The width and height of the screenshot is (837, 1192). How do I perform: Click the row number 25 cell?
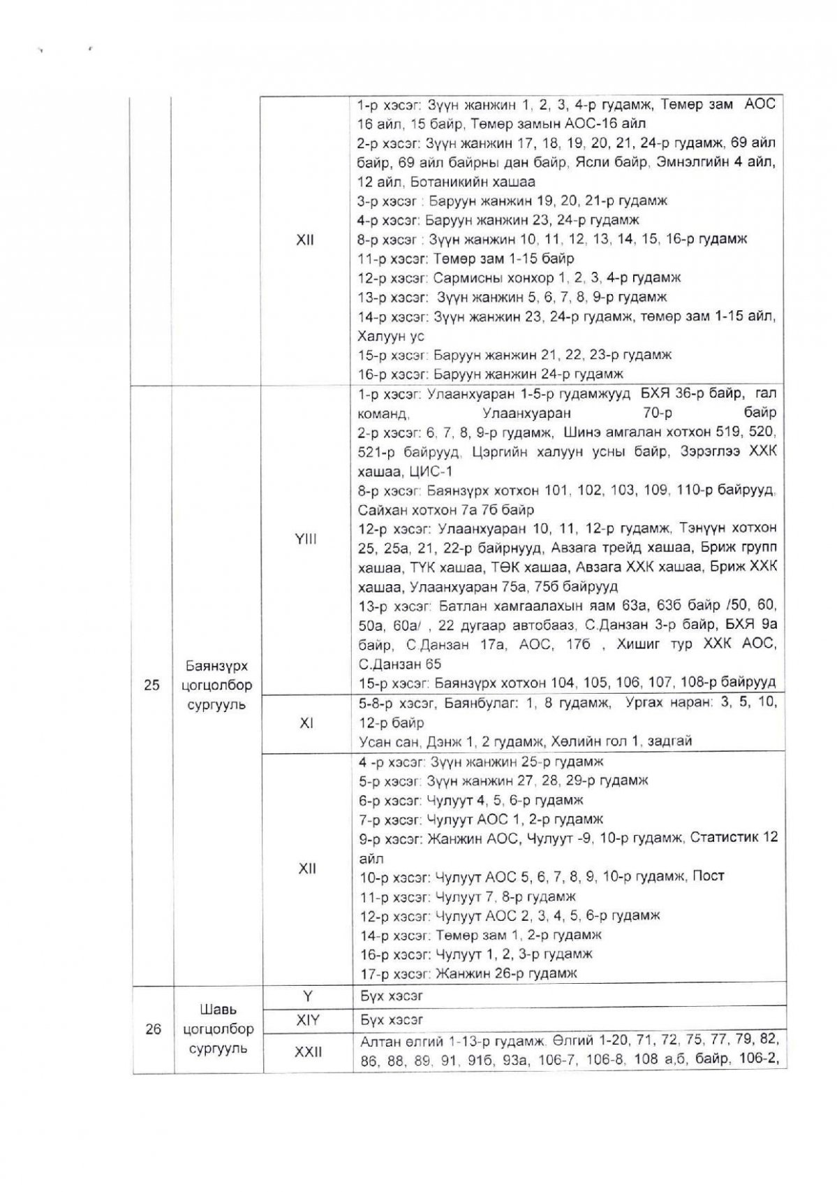pyautogui.click(x=151, y=685)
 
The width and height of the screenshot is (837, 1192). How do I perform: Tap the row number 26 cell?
pyautogui.click(x=154, y=1029)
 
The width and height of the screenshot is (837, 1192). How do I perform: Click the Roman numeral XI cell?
pyautogui.click(x=306, y=724)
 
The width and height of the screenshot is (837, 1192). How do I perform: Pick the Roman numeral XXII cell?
pyautogui.click(x=308, y=1050)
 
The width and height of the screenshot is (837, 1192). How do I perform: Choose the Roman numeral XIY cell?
pyautogui.click(x=308, y=1019)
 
